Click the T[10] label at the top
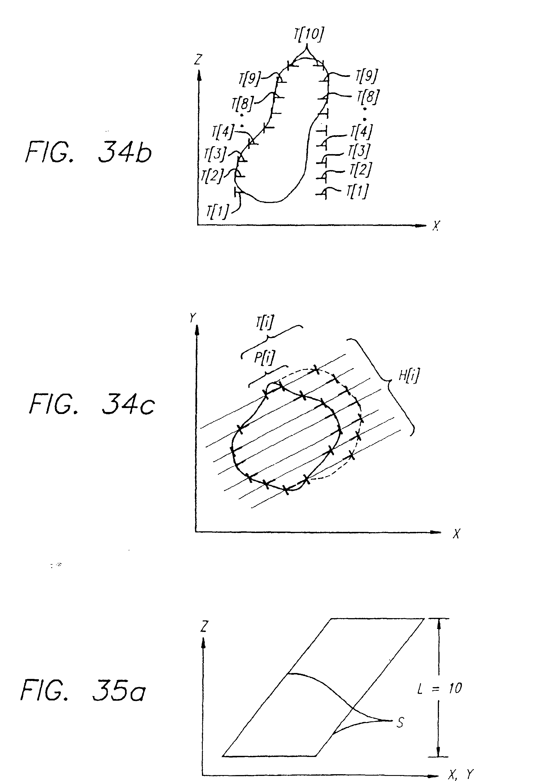point(309,34)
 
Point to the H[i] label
point(409,376)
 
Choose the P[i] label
point(264,358)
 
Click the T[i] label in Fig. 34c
point(264,322)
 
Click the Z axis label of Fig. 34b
point(198,59)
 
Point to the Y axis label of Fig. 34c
point(193,318)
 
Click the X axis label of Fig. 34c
point(456,533)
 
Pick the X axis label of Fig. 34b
point(436,225)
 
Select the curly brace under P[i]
point(268,375)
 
